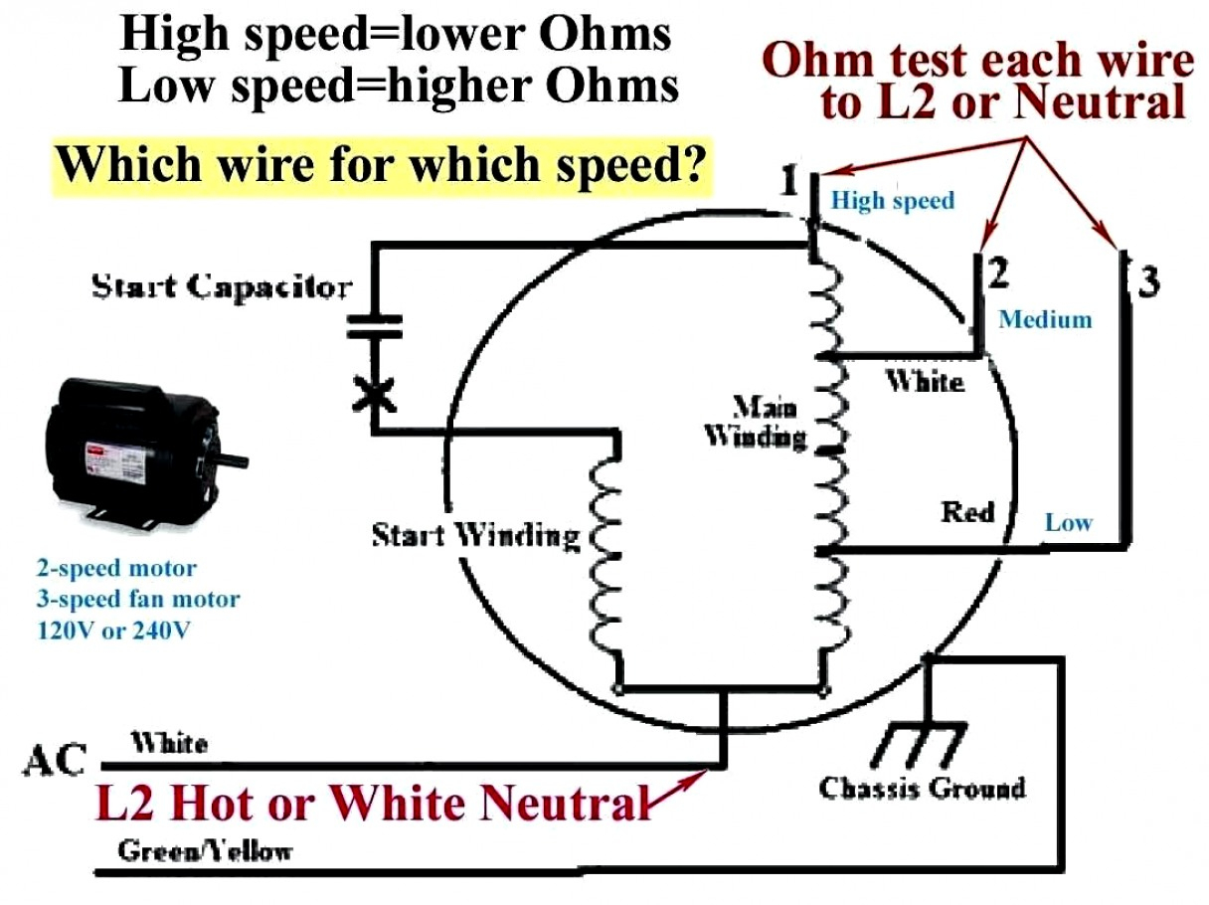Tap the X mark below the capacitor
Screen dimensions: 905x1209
click(x=374, y=395)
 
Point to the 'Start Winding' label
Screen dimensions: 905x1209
click(x=475, y=535)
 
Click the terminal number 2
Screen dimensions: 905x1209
click(x=998, y=271)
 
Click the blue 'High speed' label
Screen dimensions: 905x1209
click(x=892, y=201)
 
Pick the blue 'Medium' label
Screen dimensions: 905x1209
click(x=1045, y=319)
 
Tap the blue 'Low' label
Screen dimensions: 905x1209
click(x=1068, y=522)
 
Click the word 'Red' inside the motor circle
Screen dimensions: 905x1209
click(x=967, y=512)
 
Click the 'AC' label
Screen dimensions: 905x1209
click(x=56, y=761)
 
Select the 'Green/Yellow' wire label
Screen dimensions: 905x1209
click(x=205, y=850)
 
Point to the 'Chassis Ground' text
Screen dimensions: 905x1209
click(x=922, y=788)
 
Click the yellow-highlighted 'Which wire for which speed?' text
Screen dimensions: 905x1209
click(x=382, y=164)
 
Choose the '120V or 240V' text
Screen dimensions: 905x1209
click(x=112, y=630)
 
